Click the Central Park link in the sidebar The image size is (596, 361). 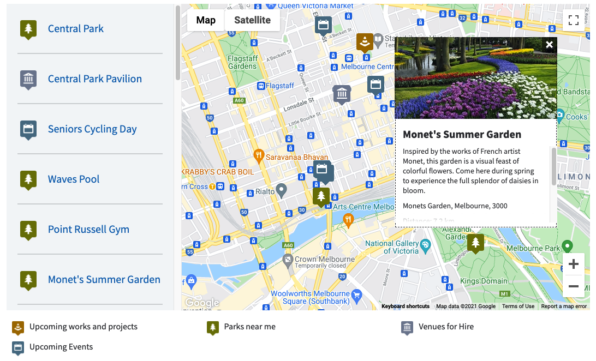point(75,29)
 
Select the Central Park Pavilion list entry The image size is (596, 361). point(94,79)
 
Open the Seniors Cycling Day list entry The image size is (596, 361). point(92,129)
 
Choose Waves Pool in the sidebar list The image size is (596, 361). point(74,179)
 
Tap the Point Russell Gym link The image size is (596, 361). point(88,230)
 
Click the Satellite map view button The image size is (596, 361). point(252,20)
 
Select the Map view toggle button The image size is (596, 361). point(206,20)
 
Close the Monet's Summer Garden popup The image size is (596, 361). point(549,45)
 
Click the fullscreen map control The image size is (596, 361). point(573,21)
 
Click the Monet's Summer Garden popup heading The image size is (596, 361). point(462,134)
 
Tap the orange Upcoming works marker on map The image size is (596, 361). point(365,41)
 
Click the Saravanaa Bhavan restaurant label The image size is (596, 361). point(296,157)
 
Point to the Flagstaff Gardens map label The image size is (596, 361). point(242,62)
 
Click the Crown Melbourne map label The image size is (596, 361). point(324,260)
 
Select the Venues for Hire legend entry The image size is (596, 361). point(445,327)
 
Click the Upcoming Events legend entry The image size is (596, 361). point(61,347)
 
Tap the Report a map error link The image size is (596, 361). point(564,306)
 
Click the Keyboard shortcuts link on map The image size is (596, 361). point(406,306)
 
